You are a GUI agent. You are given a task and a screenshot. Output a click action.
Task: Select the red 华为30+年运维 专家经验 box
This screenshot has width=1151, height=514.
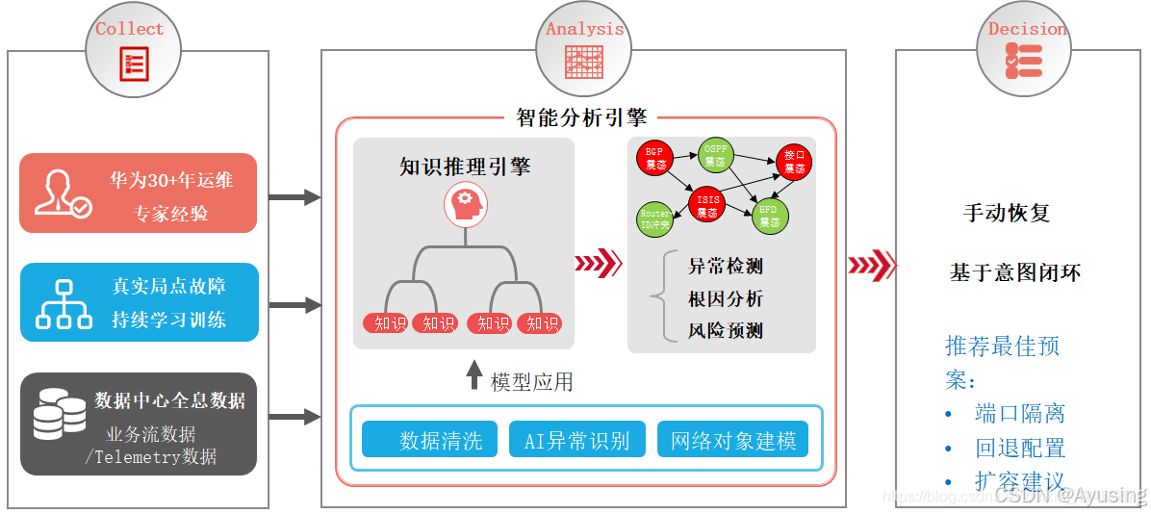coord(139,193)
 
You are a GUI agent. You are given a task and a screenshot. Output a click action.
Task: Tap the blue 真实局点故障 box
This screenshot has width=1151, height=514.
coord(140,302)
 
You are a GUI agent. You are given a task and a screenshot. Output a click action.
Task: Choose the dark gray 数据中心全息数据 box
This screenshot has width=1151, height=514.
coord(139,424)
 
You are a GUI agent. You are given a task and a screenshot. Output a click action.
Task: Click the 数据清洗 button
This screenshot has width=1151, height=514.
coord(429,441)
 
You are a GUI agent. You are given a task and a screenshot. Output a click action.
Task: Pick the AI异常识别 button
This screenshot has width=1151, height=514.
coord(576,441)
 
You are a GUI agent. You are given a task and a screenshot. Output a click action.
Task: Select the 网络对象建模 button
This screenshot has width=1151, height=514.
coord(732,441)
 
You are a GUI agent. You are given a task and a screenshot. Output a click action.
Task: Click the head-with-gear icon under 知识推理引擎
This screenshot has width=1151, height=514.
coord(465,204)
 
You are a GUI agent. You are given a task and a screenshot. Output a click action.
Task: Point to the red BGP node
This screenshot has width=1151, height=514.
coord(655,159)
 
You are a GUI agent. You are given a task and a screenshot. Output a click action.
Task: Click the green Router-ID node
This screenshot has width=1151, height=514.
coord(654,218)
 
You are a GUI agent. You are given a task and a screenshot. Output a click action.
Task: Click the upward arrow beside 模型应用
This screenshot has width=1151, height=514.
coord(473,376)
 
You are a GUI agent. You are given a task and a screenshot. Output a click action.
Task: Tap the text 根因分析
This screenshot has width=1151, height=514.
coord(726,298)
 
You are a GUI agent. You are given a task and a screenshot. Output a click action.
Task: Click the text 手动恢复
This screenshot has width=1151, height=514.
coord(1007,214)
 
